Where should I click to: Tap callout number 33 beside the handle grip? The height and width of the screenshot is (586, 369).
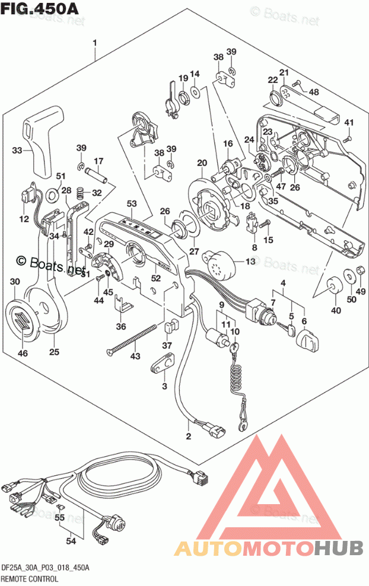(18, 151)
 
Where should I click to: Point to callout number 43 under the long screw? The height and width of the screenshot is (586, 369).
(136, 355)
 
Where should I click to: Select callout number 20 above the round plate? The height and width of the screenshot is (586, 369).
(201, 163)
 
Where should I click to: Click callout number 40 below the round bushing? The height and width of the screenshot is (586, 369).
(336, 309)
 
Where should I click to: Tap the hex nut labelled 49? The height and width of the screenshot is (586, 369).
(359, 273)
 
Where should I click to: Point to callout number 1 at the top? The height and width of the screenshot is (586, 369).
(94, 42)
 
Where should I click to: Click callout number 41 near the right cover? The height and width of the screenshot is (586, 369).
(349, 123)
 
